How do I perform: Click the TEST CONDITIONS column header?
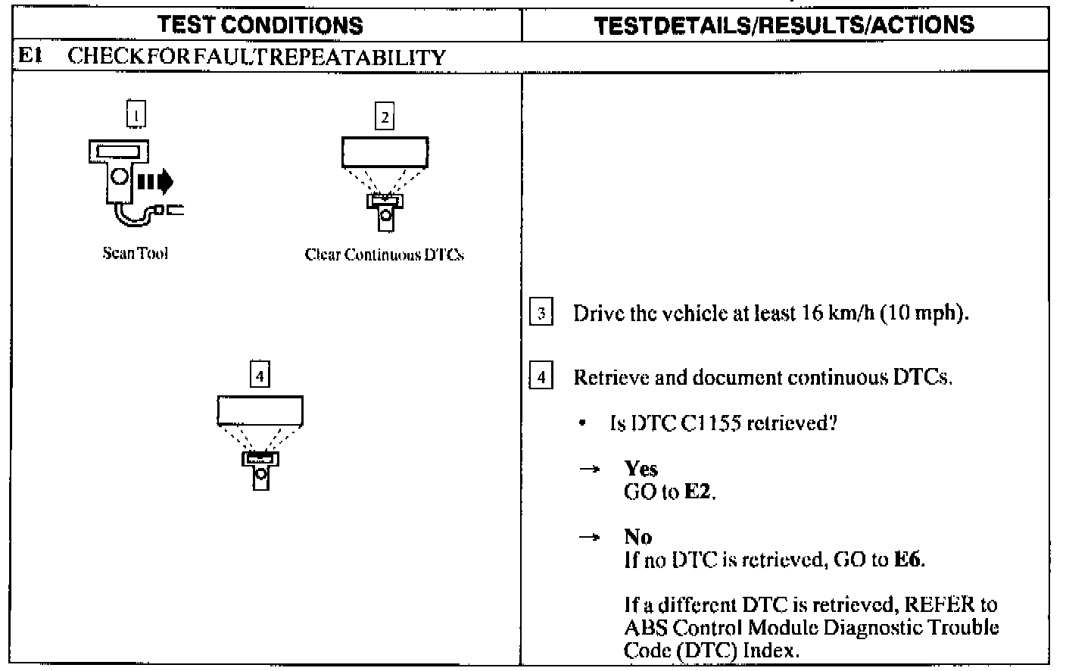(260, 25)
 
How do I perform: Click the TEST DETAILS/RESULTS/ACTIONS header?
(784, 25)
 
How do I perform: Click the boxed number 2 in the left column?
(385, 117)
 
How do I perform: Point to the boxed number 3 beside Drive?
(541, 314)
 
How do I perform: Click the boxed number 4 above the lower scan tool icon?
(260, 375)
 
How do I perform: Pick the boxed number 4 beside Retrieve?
(541, 376)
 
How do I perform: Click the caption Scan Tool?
(135, 253)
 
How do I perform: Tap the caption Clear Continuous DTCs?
(384, 254)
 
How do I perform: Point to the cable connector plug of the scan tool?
(168, 209)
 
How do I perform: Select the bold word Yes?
(641, 469)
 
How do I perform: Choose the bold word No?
(637, 537)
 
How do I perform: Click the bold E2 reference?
(698, 492)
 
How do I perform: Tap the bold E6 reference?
(907, 560)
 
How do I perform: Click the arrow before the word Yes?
(589, 470)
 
